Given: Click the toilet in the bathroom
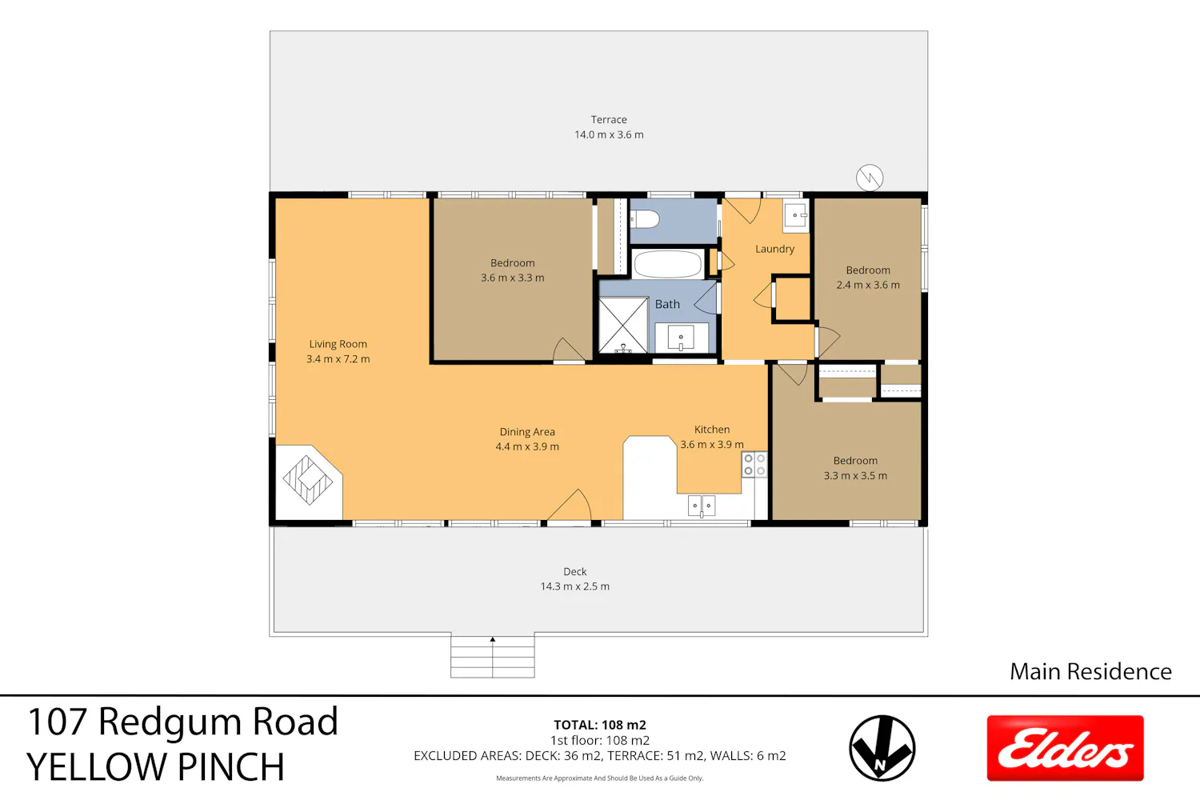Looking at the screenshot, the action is tap(645, 219).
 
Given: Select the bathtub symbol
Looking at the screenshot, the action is tap(667, 264).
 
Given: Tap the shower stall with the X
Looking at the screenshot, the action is tap(623, 326).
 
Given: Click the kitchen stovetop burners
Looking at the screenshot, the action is tap(754, 465).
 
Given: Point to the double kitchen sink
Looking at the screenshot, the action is tap(702, 506).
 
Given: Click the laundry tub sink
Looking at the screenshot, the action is tap(795, 216).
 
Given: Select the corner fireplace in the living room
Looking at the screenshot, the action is tap(309, 482).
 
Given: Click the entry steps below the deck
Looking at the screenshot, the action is tap(492, 656).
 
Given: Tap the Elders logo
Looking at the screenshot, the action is tap(1066, 748).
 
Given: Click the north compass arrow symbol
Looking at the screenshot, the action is tap(882, 748).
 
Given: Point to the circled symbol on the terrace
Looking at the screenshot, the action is tap(870, 178).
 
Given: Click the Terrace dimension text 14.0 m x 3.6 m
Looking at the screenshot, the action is tap(609, 135).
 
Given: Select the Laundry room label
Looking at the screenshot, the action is tap(774, 249).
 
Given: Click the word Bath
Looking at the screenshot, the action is tap(667, 304).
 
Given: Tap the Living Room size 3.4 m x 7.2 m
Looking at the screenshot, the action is tap(338, 359).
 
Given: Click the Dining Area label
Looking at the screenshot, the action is tap(527, 432).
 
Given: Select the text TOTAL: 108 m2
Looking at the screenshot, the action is tap(600, 725).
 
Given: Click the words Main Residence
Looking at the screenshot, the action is tap(1090, 671).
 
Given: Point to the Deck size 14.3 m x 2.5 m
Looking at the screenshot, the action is tap(575, 586).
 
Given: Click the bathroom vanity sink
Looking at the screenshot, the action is tap(681, 338).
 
